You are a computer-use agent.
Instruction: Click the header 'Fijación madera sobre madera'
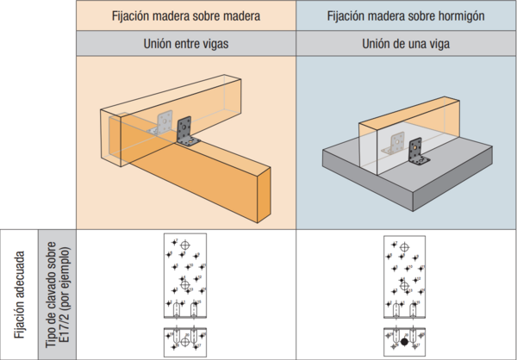[185, 16]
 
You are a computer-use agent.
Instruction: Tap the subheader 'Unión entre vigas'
[185, 45]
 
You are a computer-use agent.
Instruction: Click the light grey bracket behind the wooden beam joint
[164, 125]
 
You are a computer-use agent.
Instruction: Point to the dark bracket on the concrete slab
[417, 156]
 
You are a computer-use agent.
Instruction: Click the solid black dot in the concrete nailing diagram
[404, 343]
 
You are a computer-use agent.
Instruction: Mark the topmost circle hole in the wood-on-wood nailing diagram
[184, 246]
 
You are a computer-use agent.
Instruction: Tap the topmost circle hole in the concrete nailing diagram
[404, 246]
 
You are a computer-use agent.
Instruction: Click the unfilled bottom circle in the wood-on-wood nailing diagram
[184, 343]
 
